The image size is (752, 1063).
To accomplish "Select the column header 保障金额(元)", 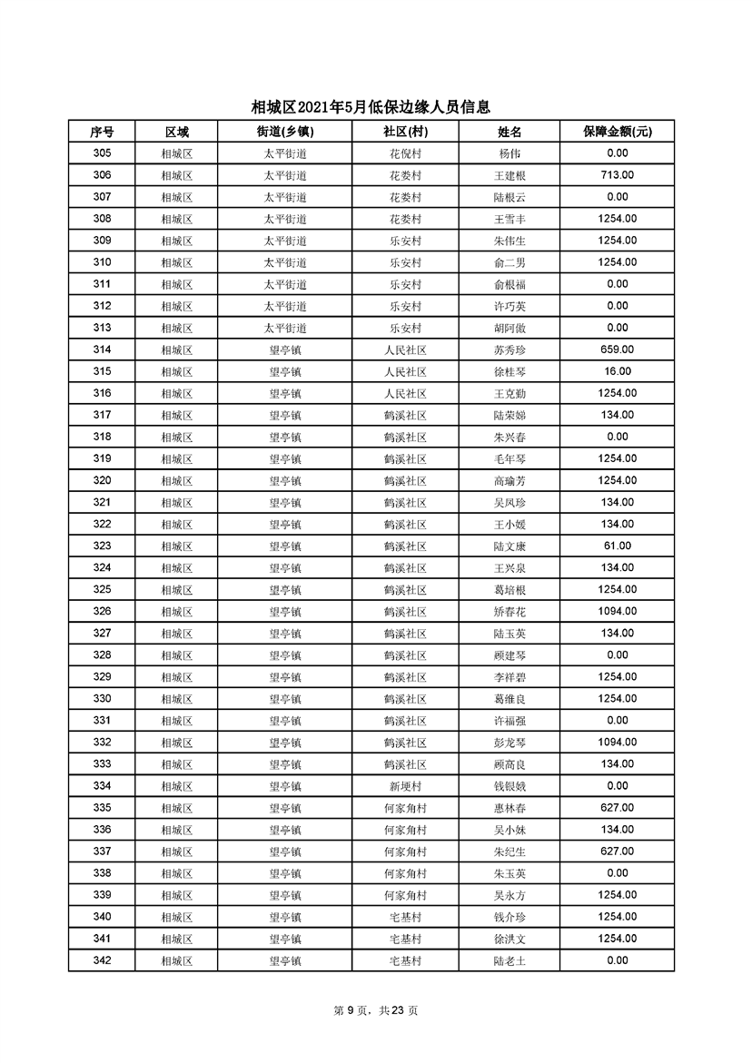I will point(617,132).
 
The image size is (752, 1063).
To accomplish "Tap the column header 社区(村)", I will point(405,132).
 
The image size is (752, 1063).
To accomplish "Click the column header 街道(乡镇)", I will point(284,132).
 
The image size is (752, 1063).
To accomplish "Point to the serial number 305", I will point(102,153).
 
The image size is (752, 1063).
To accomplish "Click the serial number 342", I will point(102,960).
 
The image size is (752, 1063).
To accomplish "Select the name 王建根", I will point(510,175).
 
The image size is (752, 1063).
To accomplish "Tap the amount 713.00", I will point(617,175).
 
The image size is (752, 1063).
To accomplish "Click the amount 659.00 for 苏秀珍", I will point(617,349).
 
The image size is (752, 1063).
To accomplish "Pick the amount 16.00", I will point(617,371).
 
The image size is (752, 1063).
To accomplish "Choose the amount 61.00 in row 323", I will point(617,546).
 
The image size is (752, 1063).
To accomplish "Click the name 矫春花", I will point(510,612).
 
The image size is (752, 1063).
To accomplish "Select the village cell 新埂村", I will point(405,786).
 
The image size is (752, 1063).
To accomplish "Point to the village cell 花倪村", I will point(405,153).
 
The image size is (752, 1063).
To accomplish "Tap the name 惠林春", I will point(510,808).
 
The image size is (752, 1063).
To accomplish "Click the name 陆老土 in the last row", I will point(510,960).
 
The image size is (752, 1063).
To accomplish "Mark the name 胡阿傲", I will point(510,328).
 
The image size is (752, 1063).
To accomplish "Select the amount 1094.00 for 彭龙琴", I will point(617,743).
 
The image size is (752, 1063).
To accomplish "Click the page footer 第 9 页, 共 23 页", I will point(375,1010).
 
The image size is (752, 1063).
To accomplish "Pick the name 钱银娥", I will point(510,786).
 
